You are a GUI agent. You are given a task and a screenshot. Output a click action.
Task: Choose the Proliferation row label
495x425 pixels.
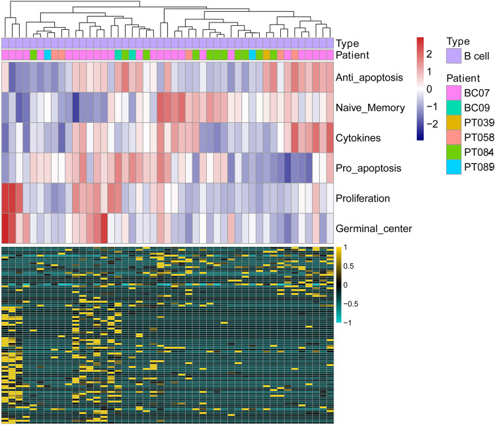[367, 198]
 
